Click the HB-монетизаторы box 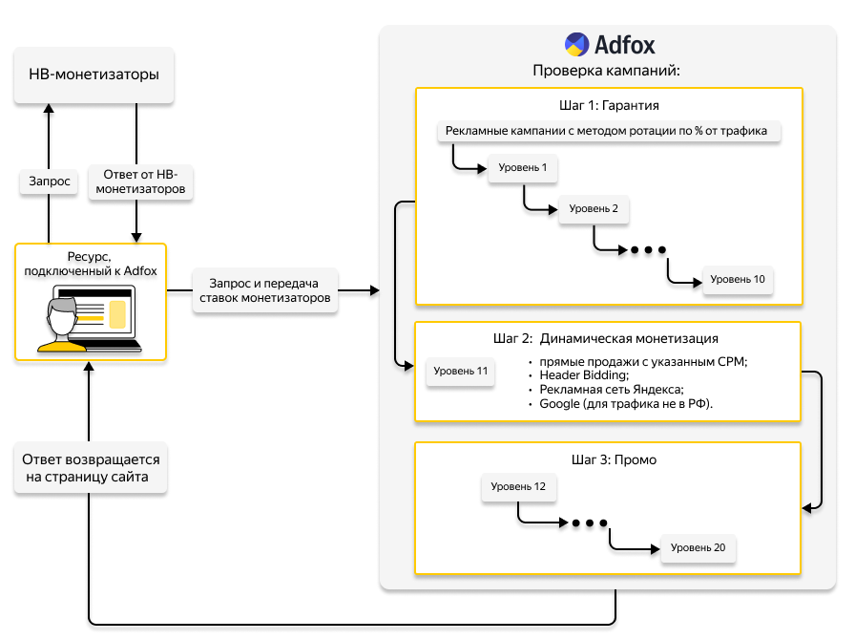tap(94, 75)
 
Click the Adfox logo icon tap(576, 45)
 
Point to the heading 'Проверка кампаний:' tap(606, 71)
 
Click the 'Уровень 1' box tap(523, 169)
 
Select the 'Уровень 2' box tap(594, 209)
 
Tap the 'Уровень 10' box tap(737, 280)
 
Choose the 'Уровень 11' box tap(460, 371)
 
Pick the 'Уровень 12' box tap(518, 487)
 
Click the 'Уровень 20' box tap(698, 548)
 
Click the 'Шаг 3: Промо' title tap(608, 459)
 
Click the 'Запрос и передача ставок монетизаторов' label tap(266, 290)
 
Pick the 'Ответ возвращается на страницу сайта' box tap(91, 468)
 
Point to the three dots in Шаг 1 tap(647, 251)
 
